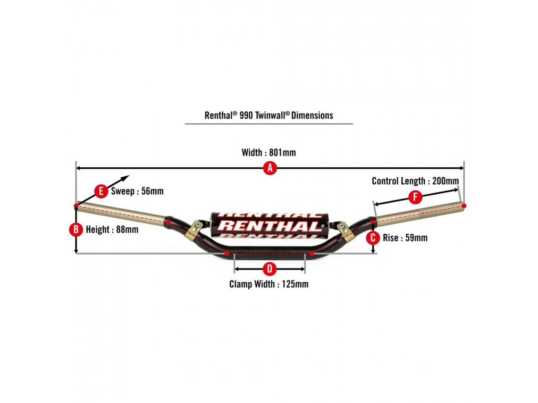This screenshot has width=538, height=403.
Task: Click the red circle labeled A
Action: point(269,168)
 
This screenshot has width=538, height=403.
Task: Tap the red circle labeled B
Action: point(76,230)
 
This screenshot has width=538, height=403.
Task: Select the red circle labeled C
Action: point(373,238)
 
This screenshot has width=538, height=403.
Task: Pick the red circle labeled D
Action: point(269,269)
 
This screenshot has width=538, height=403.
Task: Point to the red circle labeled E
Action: point(101,191)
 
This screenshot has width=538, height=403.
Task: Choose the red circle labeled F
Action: point(415,197)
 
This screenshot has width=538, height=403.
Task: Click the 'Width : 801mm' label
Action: point(269,152)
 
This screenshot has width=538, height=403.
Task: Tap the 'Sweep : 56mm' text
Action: point(137,191)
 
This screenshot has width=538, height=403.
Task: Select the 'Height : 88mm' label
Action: point(112,230)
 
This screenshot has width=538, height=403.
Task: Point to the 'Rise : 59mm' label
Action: point(405,238)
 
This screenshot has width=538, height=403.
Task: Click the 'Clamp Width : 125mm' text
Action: point(269,284)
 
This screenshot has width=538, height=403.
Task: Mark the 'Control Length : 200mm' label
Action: point(415,181)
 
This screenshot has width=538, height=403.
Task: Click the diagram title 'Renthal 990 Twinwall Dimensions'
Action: point(269,115)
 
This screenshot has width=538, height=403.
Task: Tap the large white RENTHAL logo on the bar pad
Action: point(269,226)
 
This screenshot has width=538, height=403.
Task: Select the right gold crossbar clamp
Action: point(345,231)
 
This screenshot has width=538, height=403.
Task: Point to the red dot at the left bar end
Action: point(76,206)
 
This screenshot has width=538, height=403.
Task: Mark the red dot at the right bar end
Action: point(464,206)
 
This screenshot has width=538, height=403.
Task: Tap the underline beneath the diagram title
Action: point(269,124)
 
